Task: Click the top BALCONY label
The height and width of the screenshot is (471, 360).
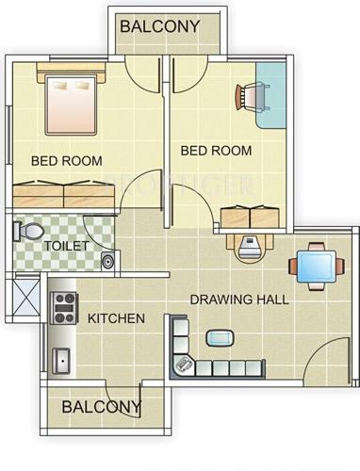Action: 160,26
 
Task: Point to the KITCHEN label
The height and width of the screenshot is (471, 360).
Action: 116,318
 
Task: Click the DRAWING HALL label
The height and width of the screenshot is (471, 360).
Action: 239,300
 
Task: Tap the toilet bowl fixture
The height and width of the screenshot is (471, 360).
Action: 28,230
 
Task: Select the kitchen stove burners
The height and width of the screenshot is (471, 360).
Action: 64,303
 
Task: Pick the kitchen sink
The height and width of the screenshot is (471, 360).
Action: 62,357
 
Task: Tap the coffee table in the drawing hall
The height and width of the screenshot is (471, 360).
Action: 221,337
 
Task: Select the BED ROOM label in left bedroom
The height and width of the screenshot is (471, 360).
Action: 67,161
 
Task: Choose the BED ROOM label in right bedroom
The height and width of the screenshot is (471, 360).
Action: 216,150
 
